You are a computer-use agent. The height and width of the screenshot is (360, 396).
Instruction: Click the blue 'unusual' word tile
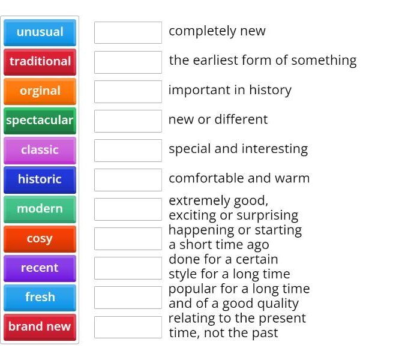[40, 32]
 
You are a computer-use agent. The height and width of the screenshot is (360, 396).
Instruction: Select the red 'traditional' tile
[40, 62]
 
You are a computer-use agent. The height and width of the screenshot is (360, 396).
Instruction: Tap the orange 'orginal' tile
[40, 91]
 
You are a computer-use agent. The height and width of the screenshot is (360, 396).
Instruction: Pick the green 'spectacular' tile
[40, 121]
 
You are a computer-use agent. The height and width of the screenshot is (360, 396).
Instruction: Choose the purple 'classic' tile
[40, 150]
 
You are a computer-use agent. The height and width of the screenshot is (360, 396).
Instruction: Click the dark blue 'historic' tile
[40, 179]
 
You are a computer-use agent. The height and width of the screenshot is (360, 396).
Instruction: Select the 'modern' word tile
[40, 209]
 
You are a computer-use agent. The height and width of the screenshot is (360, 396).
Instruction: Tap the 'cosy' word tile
[40, 239]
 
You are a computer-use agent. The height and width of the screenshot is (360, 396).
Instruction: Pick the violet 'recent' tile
[40, 268]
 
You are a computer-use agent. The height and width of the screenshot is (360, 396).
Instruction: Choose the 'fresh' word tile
[40, 298]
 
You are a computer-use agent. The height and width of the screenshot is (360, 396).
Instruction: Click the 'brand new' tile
[40, 327]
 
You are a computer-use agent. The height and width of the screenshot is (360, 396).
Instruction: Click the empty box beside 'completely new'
[128, 32]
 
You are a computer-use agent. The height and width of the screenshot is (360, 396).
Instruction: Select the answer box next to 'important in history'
[128, 91]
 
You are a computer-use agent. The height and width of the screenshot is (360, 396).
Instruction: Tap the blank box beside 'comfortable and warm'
[128, 179]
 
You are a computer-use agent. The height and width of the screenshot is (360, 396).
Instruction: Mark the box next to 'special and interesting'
[128, 150]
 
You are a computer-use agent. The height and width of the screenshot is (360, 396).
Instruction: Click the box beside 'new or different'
[128, 121]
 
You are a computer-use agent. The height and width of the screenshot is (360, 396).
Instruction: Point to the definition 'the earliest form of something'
[262, 61]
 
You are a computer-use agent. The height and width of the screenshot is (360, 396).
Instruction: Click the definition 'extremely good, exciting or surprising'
[233, 208]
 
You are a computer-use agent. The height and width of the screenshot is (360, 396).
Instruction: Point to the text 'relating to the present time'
[237, 325]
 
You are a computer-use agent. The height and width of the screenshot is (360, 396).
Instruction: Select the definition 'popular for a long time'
[239, 296]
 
